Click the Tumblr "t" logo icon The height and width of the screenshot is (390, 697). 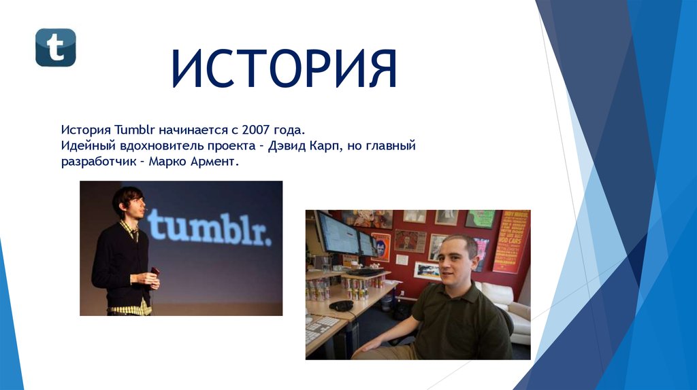click(x=56, y=48)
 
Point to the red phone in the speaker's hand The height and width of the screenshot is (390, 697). click(x=155, y=272)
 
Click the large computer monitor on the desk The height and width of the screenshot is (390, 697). click(x=337, y=232)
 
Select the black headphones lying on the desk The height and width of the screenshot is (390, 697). click(x=341, y=305)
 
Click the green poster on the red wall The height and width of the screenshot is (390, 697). click(x=481, y=219)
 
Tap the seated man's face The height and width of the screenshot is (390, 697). click(x=455, y=262)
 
